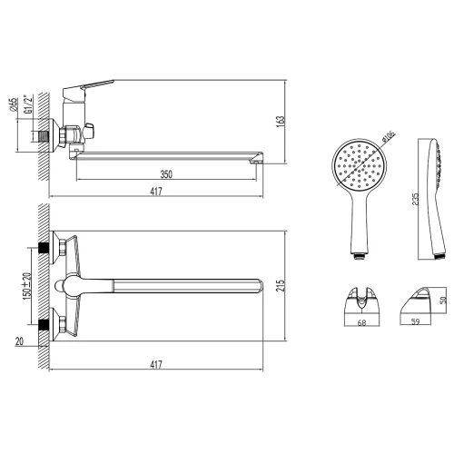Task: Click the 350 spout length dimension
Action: coord(166,174)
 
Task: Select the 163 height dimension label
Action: coord(281,122)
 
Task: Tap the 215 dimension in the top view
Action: coord(281,285)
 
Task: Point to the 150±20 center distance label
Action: coord(27,286)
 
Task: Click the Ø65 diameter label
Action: coord(14,104)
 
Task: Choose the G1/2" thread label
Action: coord(28,104)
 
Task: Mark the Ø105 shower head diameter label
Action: coord(389,136)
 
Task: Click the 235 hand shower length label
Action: coord(416,200)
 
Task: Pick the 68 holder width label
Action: coord(361,323)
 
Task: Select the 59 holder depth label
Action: coord(416,321)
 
